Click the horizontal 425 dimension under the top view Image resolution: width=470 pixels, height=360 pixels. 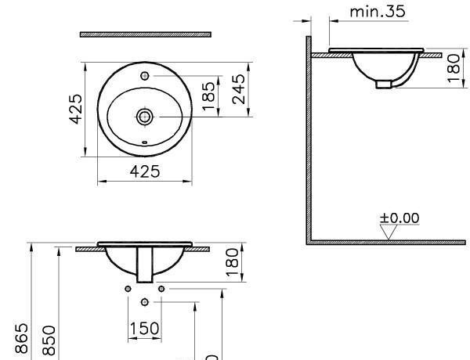click(x=144, y=171)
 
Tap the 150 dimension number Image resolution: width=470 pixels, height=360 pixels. click(x=144, y=328)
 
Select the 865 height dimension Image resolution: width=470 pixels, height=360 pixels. click(x=22, y=340)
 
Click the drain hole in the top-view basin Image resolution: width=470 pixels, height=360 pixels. click(x=144, y=117)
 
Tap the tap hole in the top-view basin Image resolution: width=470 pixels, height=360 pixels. click(x=146, y=77)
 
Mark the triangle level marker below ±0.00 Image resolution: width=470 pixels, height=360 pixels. click(x=388, y=232)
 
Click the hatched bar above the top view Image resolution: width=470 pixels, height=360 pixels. click(x=146, y=34)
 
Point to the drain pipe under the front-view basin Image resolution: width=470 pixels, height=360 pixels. click(x=145, y=266)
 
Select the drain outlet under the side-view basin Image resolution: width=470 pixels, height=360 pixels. click(x=383, y=82)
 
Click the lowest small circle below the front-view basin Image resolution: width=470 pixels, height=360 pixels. click(x=145, y=302)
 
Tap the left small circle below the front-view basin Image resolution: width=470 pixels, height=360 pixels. click(x=128, y=289)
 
